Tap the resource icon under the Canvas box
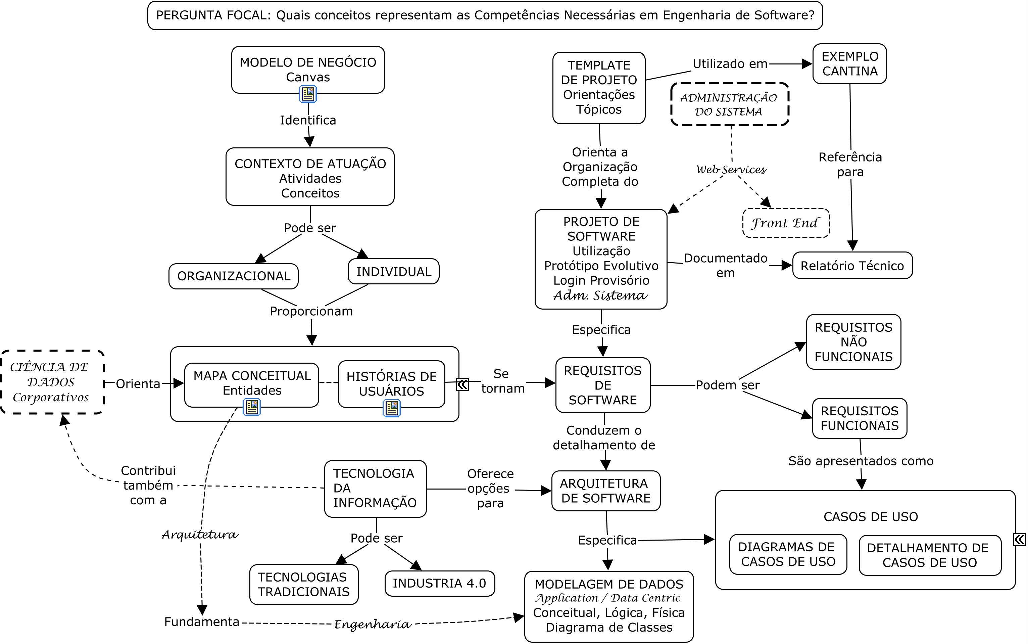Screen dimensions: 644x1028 click(308, 94)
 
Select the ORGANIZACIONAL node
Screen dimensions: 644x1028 click(233, 276)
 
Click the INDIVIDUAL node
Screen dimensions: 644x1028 click(393, 271)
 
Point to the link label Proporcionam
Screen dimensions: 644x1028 click(311, 311)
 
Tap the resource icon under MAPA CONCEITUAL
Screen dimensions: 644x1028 click(252, 408)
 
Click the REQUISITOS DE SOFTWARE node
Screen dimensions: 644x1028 click(602, 385)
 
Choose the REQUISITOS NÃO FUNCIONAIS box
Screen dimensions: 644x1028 click(853, 341)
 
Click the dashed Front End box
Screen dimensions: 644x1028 click(786, 223)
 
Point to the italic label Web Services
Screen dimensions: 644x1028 click(731, 170)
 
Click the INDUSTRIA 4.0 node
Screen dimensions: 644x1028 click(439, 583)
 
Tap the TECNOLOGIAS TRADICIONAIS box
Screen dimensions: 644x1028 click(303, 584)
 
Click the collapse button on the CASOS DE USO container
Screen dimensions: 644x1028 click(1019, 540)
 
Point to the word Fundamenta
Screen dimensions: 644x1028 click(202, 622)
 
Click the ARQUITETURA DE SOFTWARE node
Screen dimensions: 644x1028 click(605, 491)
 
